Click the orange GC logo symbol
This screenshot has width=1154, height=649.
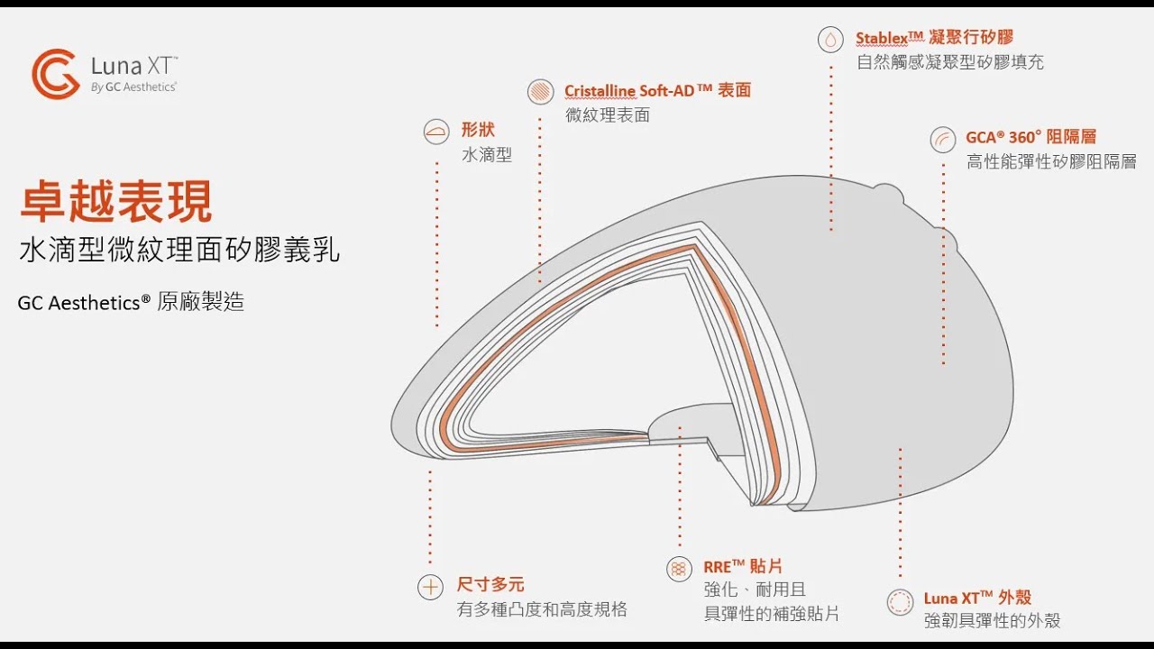[56, 74]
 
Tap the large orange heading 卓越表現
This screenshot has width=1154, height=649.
[116, 201]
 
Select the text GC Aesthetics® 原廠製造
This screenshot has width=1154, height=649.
[131, 302]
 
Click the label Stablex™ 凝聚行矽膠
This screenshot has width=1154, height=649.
[935, 37]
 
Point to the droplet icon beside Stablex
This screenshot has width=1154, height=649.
[830, 40]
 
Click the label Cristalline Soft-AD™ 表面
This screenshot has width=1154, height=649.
[658, 90]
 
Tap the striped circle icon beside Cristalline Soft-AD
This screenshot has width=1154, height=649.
[540, 92]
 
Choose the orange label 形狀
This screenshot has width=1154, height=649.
[478, 129]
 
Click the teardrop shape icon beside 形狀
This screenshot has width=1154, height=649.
[436, 132]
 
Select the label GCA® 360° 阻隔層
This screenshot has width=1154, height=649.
[1030, 137]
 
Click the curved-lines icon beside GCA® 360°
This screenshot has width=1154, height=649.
[943, 139]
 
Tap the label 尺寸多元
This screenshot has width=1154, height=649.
[490, 585]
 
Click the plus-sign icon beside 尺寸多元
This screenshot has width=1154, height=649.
[431, 587]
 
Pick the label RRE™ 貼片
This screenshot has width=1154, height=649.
[743, 567]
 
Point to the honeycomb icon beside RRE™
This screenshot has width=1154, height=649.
[679, 569]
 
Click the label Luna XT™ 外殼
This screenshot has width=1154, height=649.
[977, 598]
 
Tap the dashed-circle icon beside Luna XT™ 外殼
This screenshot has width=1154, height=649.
[900, 601]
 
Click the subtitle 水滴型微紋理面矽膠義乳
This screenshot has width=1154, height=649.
[179, 251]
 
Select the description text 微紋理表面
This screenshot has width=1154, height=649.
[608, 114]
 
